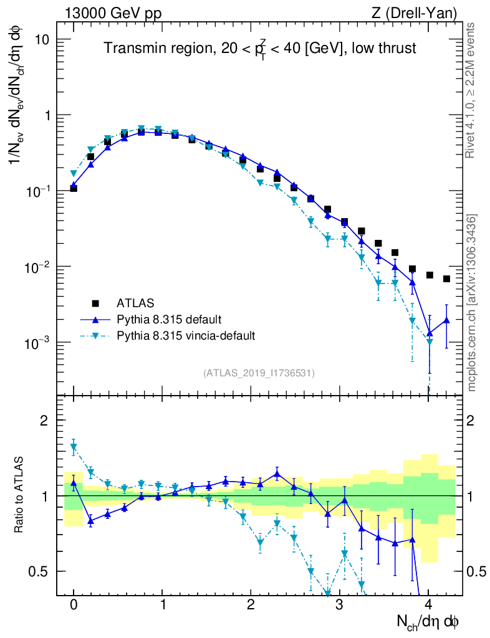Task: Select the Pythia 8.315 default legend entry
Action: click(x=168, y=320)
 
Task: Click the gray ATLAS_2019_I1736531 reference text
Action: click(x=259, y=373)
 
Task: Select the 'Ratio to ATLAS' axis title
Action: click(x=20, y=495)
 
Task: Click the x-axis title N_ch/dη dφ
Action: click(x=429, y=621)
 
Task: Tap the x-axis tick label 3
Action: click(x=339, y=605)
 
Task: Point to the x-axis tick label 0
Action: click(x=74, y=605)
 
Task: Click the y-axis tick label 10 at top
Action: click(x=42, y=40)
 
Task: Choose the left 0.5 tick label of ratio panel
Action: click(x=40, y=571)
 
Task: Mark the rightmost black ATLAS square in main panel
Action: click(x=446, y=279)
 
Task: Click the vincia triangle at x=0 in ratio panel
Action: click(x=74, y=447)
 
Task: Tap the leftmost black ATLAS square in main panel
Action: click(x=74, y=188)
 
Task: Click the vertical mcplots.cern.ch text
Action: click(x=472, y=303)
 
